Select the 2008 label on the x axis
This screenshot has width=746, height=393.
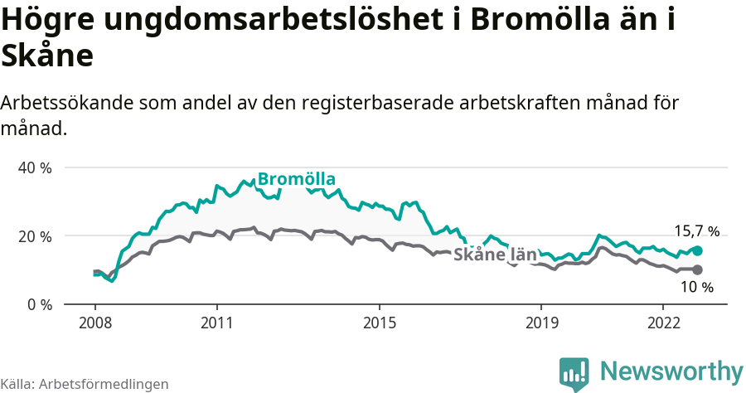(x=94, y=322)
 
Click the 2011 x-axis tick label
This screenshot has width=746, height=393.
(x=216, y=322)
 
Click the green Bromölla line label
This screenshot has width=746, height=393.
(x=296, y=179)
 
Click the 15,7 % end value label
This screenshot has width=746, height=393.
(x=696, y=231)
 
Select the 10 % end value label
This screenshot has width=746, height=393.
(x=696, y=287)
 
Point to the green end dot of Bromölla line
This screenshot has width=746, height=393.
(x=697, y=250)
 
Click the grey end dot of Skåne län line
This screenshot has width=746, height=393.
(x=697, y=269)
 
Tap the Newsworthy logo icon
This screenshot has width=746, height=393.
(x=574, y=373)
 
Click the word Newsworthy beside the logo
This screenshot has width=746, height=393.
(x=671, y=371)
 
